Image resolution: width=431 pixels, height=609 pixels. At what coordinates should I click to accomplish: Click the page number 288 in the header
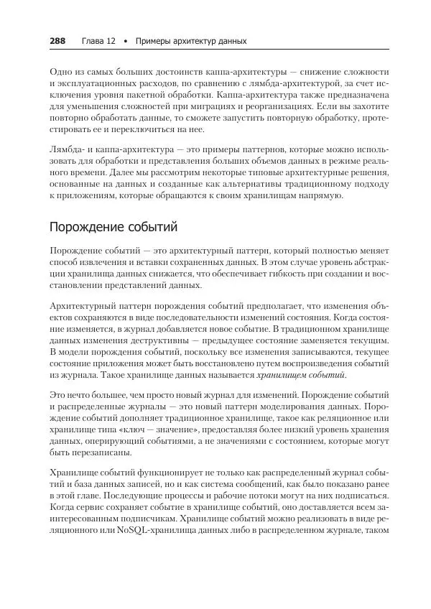(57, 41)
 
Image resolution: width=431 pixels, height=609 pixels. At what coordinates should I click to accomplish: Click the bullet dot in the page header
(126, 41)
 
